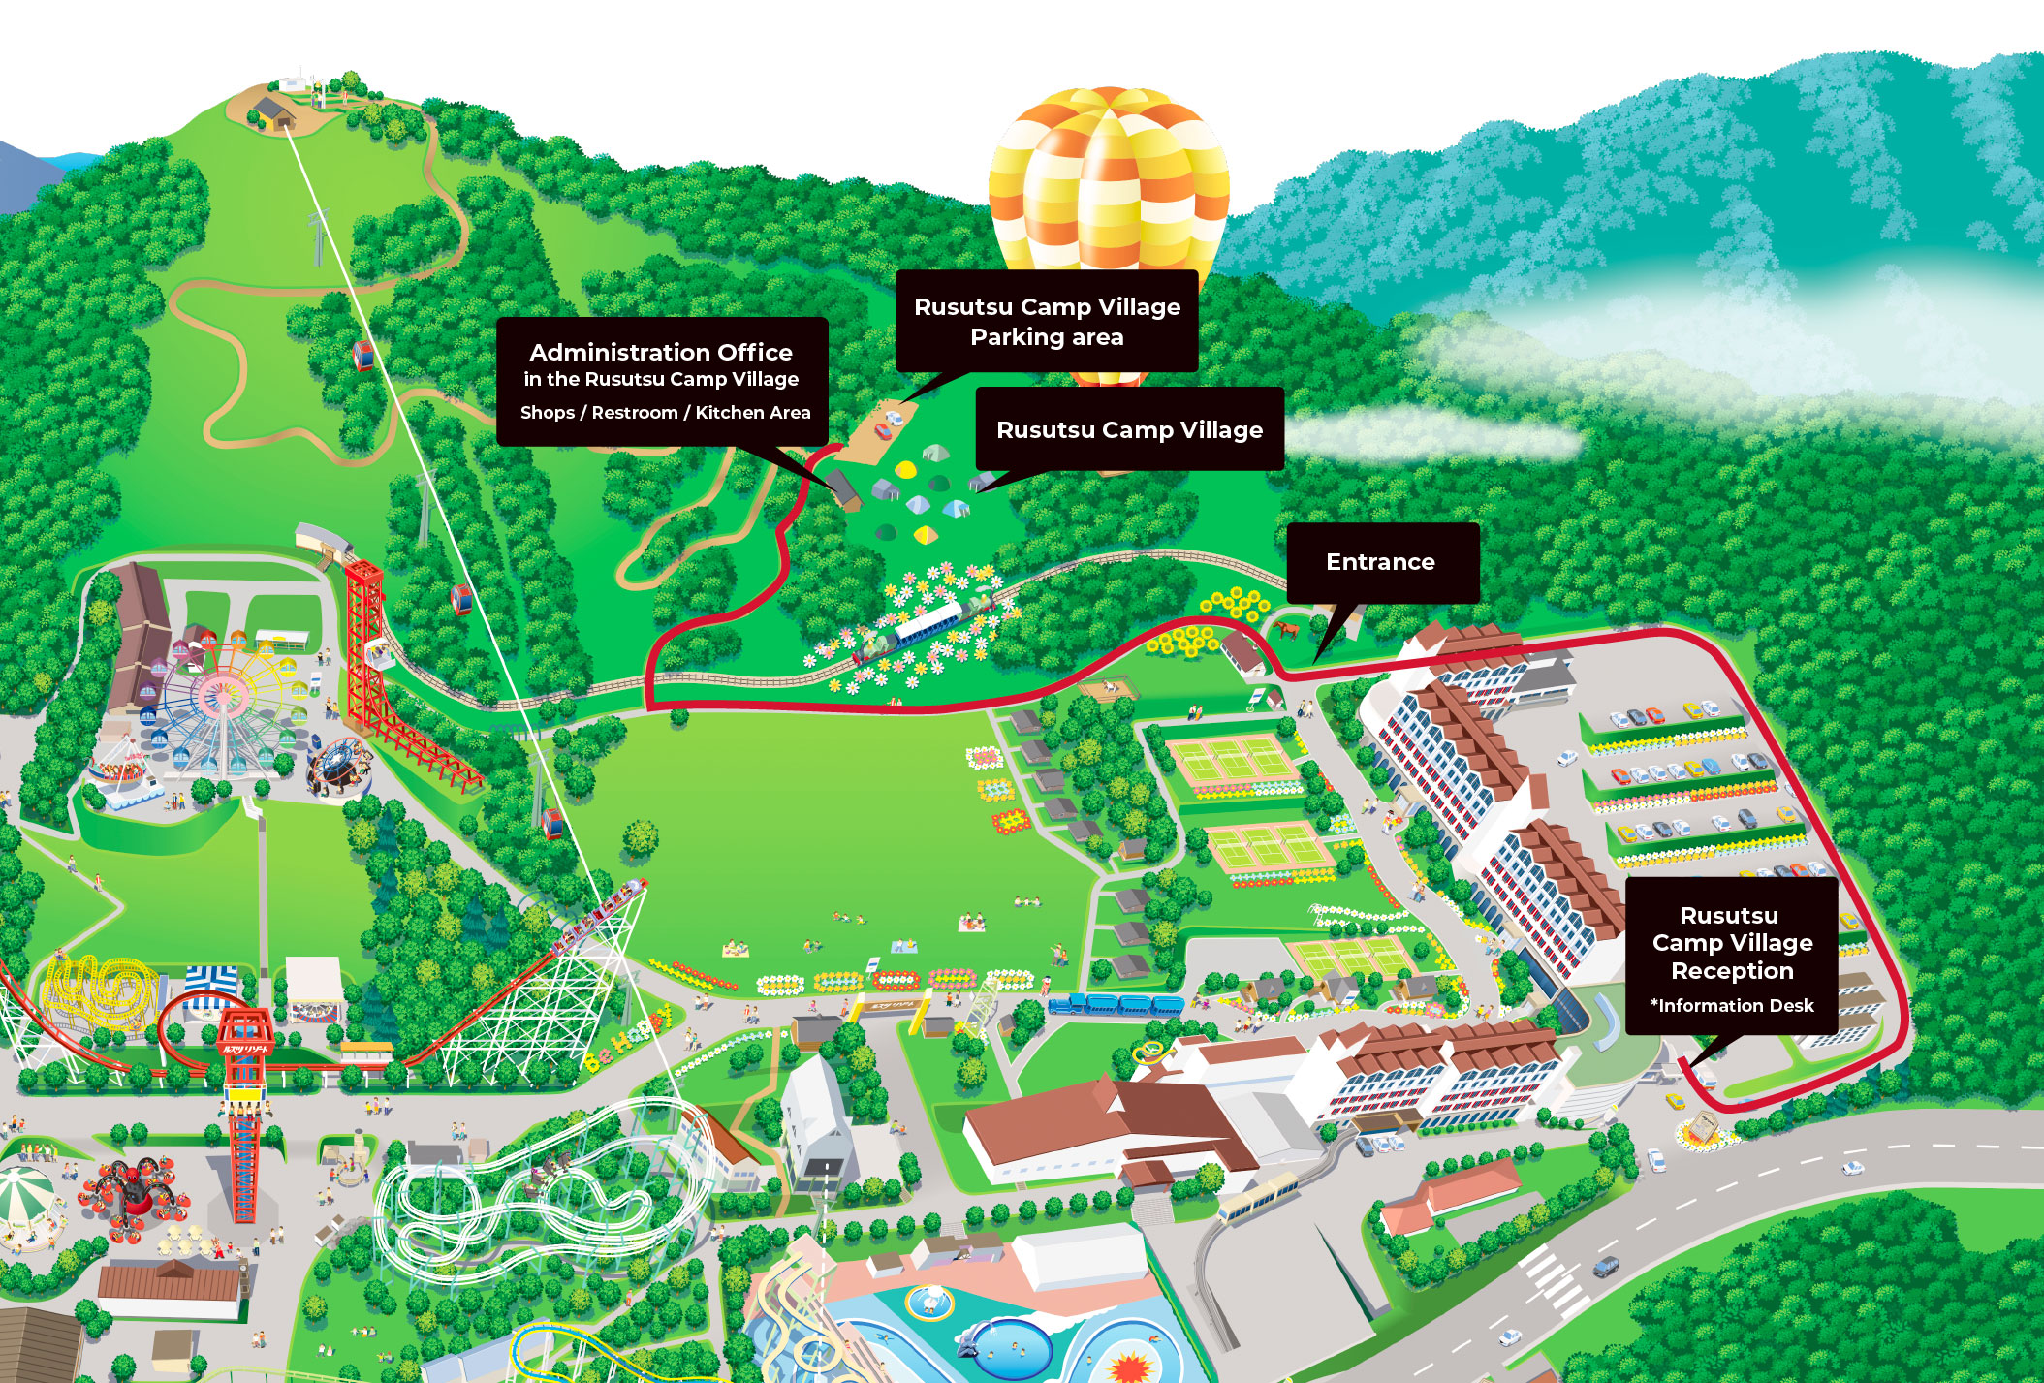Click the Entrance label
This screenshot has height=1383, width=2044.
click(1381, 562)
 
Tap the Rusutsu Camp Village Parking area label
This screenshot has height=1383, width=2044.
click(1047, 322)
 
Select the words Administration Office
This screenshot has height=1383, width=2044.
click(661, 352)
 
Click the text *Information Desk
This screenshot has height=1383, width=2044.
click(1732, 1006)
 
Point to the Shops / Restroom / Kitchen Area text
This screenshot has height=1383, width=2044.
click(665, 413)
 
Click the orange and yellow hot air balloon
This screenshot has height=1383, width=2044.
click(1109, 184)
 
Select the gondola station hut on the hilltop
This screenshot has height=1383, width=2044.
click(273, 110)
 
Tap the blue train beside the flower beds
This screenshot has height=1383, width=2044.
click(1115, 1005)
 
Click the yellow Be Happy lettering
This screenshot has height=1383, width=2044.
click(628, 1039)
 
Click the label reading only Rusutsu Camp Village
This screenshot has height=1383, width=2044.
click(1129, 429)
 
